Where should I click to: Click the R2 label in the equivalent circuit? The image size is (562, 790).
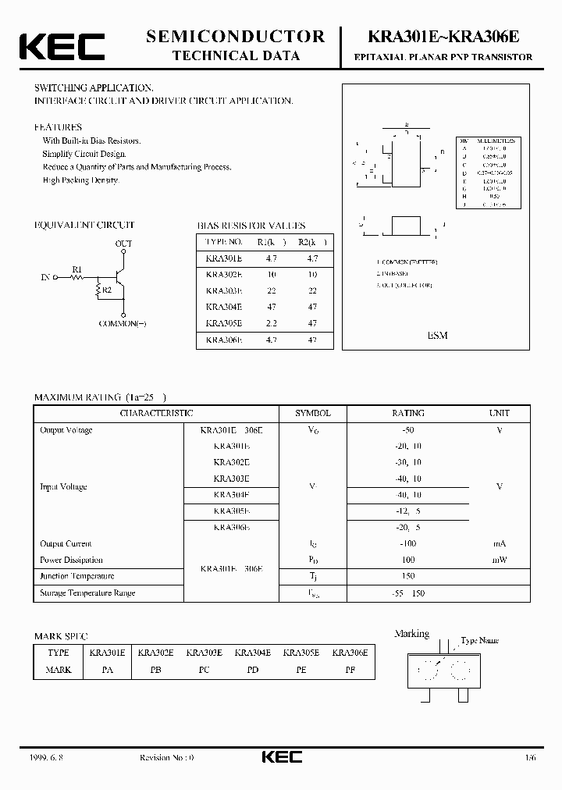108,290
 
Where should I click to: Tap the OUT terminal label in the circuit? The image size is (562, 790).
124,244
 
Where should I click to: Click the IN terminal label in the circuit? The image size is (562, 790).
44,277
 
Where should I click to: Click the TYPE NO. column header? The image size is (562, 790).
224,242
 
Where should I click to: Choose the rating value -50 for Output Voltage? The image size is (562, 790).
407,430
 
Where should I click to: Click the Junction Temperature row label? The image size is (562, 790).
77,576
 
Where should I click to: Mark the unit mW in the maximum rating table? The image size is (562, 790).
499,560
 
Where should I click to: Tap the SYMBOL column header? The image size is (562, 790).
312,413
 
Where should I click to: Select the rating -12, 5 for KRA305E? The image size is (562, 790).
407,511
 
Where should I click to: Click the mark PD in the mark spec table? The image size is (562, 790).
253,670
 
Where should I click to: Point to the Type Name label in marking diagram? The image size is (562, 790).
479,640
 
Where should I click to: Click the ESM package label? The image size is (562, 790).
437,335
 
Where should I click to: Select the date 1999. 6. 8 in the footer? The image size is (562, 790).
49,758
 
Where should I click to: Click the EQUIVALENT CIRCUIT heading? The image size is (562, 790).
84,225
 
